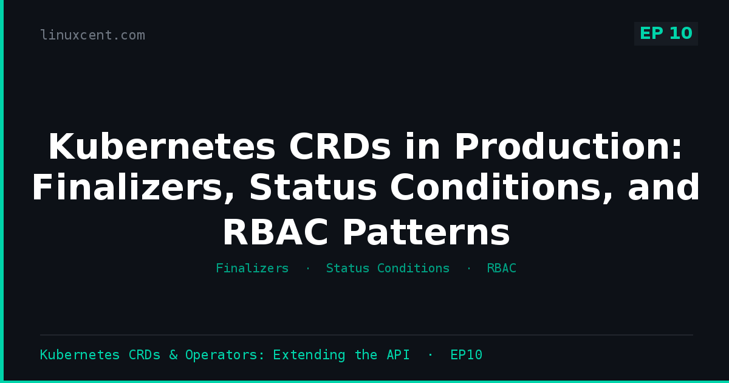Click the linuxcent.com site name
point(92,35)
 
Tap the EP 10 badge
point(666,33)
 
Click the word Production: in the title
point(568,147)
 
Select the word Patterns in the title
point(426,232)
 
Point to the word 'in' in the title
point(422,147)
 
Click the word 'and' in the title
point(663,187)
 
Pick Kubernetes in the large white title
point(162,147)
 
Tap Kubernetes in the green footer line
point(80,354)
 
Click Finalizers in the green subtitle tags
point(252,268)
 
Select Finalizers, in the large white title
point(134,188)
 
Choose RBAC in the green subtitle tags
point(502,268)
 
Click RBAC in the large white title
point(275,232)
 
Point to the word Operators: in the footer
point(225,355)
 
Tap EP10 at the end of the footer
point(467,354)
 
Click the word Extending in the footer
point(309,355)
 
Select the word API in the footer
point(398,354)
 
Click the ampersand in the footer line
point(173,354)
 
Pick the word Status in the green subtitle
point(347,268)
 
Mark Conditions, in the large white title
point(502,188)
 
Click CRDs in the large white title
point(340,147)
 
